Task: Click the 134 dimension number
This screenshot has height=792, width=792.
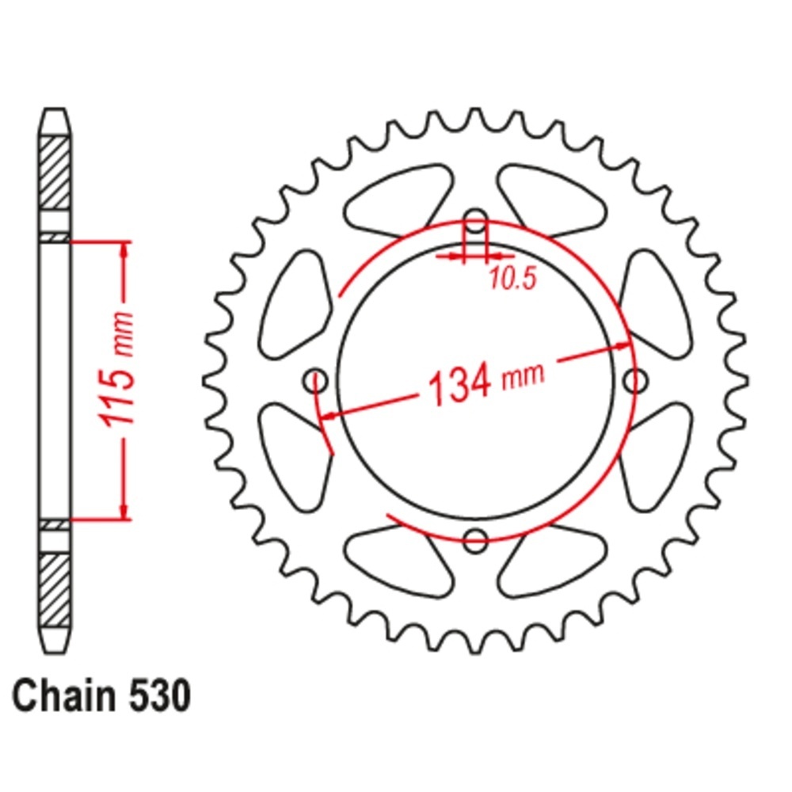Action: coord(459,383)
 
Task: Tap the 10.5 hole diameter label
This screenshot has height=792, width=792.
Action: coord(512,278)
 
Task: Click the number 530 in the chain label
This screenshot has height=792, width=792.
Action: coord(160,696)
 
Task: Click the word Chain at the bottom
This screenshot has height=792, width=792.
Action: coord(64,695)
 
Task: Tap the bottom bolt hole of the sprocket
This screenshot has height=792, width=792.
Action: coord(475,540)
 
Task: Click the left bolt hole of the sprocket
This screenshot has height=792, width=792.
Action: coord(316,381)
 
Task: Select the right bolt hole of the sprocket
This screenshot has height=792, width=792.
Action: coord(635,381)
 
